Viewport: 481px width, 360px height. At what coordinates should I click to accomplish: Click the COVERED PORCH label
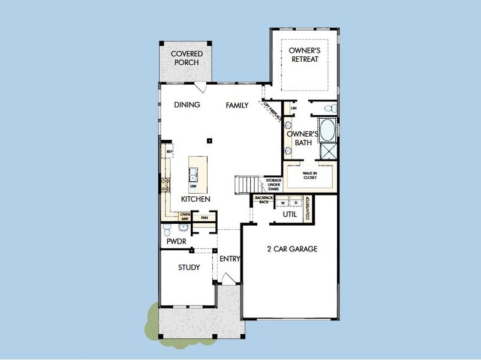point(187,58)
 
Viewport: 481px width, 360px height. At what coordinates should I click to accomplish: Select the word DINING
point(187,105)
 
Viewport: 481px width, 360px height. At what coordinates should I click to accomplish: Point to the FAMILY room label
point(237,105)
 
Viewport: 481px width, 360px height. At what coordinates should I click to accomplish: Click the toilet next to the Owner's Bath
point(329,108)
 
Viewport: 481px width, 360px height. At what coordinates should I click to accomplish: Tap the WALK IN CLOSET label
point(309,175)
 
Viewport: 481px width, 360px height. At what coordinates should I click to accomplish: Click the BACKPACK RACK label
point(263,200)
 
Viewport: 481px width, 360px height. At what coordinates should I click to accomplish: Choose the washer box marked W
point(283,202)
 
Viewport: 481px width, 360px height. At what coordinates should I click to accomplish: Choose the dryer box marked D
point(295,202)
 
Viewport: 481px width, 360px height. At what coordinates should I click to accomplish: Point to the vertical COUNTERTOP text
point(307,208)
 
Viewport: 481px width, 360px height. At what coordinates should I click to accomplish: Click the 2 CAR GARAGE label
point(292,248)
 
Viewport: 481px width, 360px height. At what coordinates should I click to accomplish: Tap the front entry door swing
point(228,278)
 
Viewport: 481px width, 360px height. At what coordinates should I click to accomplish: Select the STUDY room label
point(189,268)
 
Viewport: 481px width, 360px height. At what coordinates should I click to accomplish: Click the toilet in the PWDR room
point(166,231)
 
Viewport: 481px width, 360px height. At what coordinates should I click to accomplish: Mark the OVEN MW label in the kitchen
point(185,217)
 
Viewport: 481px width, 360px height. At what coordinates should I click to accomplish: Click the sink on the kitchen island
point(194,175)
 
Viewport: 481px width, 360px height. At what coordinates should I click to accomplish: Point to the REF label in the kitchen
point(170,152)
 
